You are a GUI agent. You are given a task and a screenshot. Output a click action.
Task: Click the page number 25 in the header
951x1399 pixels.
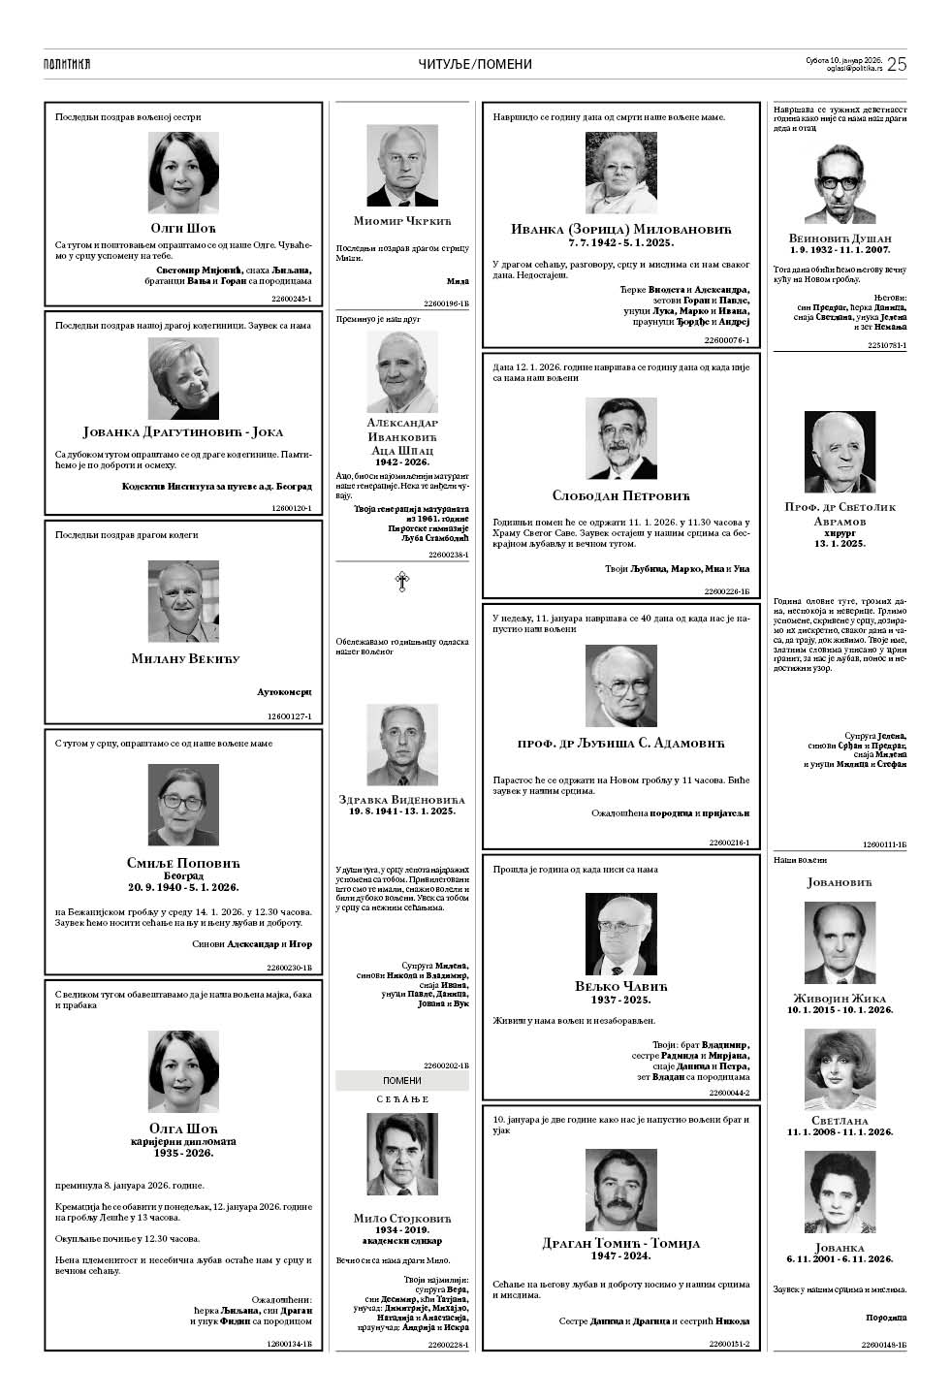[896, 64]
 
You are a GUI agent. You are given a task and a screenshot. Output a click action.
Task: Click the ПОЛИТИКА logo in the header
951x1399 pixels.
[67, 64]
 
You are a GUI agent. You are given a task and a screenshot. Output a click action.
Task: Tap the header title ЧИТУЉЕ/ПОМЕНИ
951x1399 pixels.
[475, 64]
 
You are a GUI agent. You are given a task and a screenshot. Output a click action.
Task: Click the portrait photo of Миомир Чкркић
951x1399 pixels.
[401, 166]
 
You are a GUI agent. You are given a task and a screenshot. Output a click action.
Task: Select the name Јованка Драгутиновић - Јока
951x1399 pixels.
[183, 432]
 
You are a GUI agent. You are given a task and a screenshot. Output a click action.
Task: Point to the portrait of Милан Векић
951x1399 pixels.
[183, 602]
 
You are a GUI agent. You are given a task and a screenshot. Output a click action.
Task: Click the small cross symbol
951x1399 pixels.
[401, 582]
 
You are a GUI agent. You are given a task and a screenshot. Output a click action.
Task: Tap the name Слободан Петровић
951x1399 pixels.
[620, 495]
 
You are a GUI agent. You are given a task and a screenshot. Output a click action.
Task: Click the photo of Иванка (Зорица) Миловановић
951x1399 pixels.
[620, 174]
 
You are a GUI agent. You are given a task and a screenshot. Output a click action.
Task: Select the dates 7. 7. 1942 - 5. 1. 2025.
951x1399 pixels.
[620, 241]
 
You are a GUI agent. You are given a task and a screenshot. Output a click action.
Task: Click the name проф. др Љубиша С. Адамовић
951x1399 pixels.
[620, 744]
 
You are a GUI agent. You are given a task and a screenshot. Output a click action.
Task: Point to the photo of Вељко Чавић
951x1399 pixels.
[620, 933]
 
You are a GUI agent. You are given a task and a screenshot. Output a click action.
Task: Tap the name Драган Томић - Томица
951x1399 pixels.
[620, 1243]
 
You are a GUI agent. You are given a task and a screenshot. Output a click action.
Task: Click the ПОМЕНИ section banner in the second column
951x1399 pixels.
[401, 1080]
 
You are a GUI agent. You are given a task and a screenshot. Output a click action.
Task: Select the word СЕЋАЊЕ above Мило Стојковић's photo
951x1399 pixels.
[401, 1099]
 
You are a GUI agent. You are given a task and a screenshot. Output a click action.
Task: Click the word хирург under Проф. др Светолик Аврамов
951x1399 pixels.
[840, 532]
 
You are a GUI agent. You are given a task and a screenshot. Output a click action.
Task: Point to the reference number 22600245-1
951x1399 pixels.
[292, 299]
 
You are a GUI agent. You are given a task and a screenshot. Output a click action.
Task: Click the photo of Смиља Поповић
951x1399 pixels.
[183, 806]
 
